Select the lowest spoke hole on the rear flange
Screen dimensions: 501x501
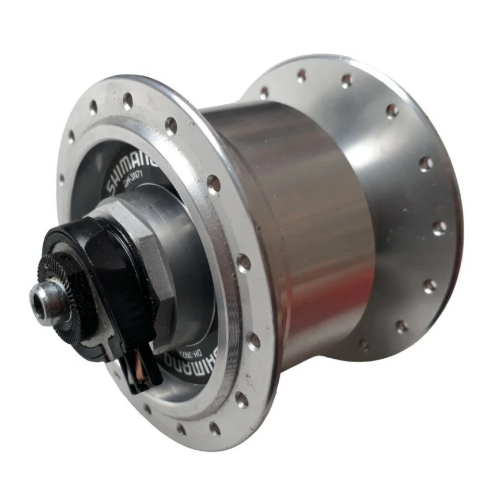[363, 345]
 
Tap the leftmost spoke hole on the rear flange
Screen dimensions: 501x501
[264, 92]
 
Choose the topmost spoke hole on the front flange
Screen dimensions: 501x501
[127, 101]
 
